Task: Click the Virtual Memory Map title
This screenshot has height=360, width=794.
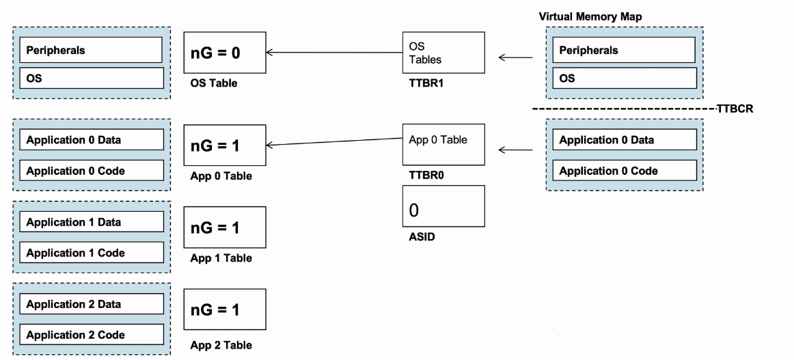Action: coord(590,16)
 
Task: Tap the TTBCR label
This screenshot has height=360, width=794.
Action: coord(735,109)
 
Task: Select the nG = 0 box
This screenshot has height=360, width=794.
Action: coord(225,53)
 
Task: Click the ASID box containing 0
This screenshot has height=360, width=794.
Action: coord(443,206)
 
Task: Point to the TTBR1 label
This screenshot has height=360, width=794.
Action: coord(426,83)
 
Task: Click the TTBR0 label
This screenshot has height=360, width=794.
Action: coord(426,175)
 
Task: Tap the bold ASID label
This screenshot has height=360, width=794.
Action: coord(422,236)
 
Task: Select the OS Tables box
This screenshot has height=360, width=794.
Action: coord(443,53)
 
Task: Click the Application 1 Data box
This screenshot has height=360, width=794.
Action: coord(92,222)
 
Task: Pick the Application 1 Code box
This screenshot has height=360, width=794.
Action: coord(92,252)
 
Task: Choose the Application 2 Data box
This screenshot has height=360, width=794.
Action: coord(92,304)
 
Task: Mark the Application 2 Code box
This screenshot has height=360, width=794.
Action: coord(92,334)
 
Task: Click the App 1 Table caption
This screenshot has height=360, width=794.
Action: coord(221,258)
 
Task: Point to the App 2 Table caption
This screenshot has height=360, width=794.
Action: coord(221,346)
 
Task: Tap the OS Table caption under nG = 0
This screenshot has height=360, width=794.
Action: coord(214,83)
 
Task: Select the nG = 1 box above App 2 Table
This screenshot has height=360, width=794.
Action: coord(225,309)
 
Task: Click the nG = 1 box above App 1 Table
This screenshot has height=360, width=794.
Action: coord(225,227)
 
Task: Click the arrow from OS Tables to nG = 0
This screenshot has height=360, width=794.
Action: coord(334,52)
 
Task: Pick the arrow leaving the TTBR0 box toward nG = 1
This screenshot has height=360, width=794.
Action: coord(334,142)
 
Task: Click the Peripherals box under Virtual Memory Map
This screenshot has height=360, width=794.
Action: coord(624,50)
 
